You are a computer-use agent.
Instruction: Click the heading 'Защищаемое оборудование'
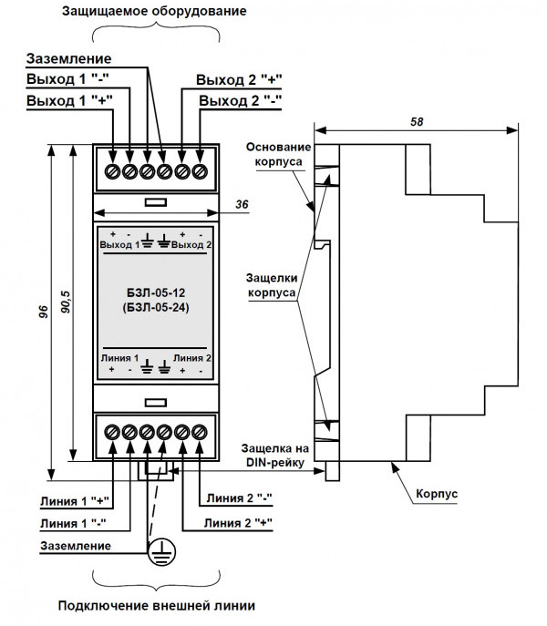coord(155,13)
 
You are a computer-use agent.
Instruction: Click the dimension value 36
coord(243,206)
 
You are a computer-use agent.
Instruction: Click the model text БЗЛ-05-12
coord(156,292)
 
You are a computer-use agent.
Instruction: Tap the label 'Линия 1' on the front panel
coord(119,357)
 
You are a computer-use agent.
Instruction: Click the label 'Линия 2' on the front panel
coord(193,357)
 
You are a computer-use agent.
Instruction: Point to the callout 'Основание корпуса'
coord(280,156)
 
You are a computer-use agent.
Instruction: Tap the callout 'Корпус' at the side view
coord(436,494)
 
